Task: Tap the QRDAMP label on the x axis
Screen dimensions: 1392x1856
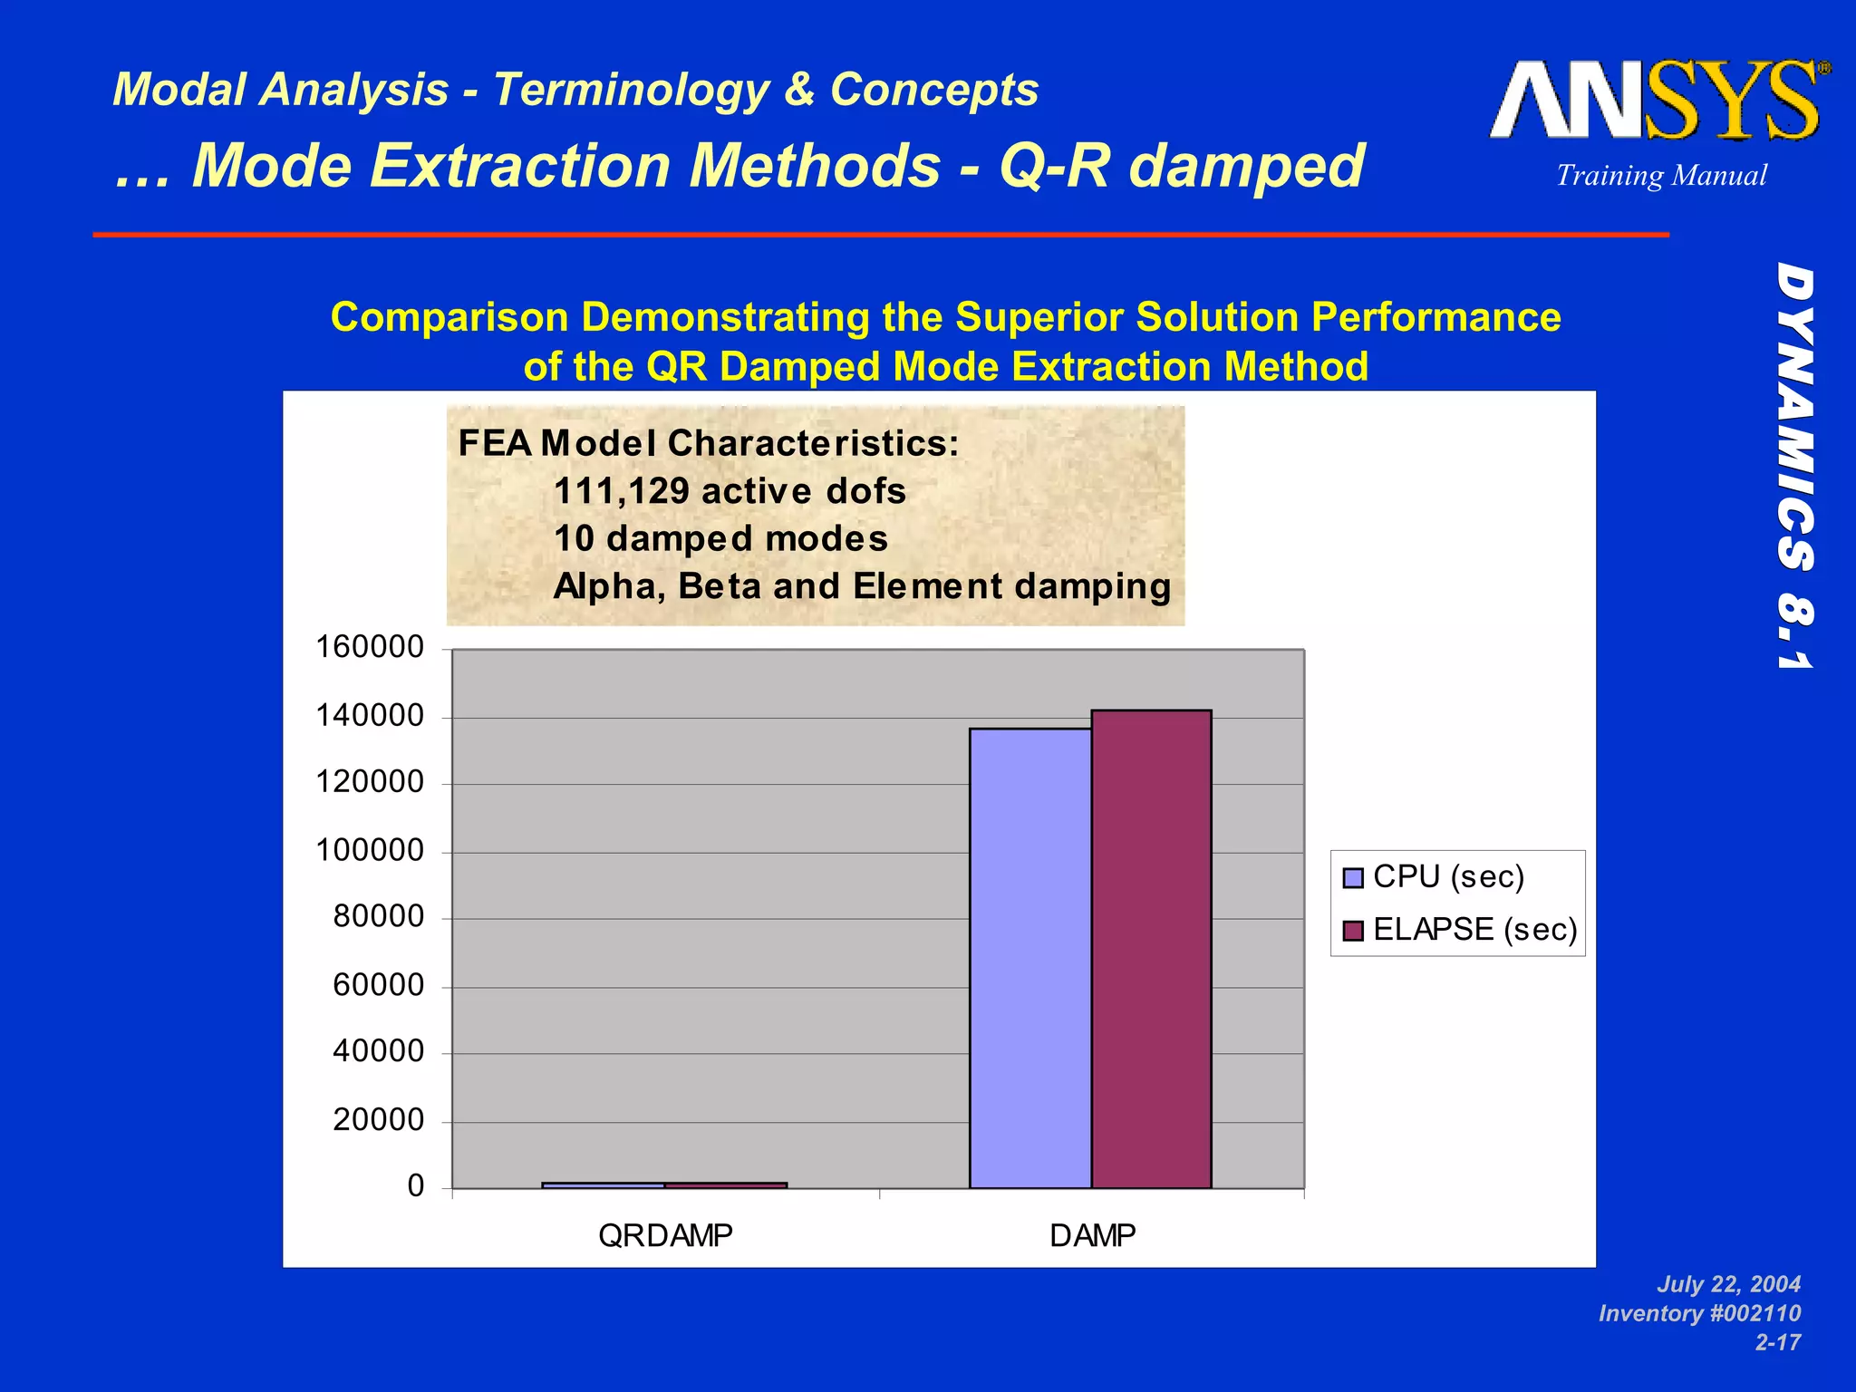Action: pos(665,1235)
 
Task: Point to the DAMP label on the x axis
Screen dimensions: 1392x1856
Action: pos(1092,1235)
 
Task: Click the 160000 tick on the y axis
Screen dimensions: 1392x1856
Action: pos(370,647)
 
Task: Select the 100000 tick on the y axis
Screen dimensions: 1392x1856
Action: pos(370,850)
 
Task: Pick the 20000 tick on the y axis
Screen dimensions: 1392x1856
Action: pos(378,1120)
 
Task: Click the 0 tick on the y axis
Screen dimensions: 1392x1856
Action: pos(416,1185)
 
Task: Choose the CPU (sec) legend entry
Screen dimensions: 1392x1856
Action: pos(1447,876)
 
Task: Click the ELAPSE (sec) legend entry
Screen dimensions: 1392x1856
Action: pos(1474,929)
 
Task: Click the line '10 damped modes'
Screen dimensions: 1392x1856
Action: pos(720,538)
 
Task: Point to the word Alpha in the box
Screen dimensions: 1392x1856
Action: pos(609,586)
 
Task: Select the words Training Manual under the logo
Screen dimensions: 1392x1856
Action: pos(1661,175)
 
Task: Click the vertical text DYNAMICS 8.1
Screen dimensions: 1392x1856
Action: pos(1794,467)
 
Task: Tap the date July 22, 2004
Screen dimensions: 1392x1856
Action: pos(1728,1284)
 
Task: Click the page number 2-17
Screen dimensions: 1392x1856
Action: pos(1777,1342)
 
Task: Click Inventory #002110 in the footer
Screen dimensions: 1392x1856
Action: pos(1699,1313)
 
